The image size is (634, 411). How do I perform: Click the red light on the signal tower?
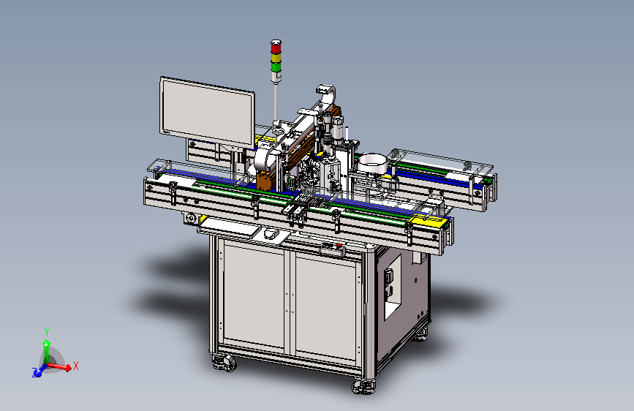276,48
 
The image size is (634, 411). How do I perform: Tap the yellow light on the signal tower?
276,58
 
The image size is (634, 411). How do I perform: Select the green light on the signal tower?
276,67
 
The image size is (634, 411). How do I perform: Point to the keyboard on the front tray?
230,227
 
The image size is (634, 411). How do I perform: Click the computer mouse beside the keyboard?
270,233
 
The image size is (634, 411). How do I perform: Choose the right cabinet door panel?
325,307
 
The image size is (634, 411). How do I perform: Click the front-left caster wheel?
224,363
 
